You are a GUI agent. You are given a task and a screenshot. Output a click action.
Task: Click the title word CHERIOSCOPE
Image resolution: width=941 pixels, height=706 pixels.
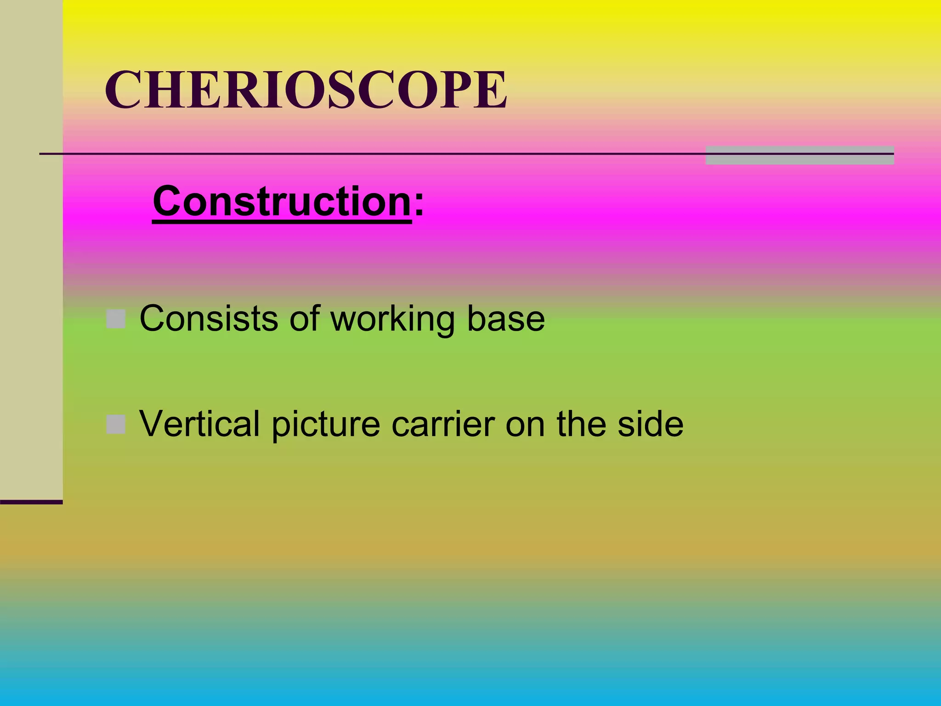[306, 90]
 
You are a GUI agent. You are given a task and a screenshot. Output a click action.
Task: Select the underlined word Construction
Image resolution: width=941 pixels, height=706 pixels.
[282, 202]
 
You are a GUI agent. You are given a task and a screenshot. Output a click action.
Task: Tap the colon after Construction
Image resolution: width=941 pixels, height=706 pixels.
[419, 205]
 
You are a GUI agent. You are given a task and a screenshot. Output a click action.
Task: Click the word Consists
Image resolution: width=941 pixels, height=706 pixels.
[209, 318]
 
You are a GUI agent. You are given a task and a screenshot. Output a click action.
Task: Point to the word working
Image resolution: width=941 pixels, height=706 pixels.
[393, 319]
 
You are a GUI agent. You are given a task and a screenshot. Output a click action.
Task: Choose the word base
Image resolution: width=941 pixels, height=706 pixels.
[506, 318]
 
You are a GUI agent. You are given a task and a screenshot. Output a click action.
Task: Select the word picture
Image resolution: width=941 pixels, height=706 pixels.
[326, 424]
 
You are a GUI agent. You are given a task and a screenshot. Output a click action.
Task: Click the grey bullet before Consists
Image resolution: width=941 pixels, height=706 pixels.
[116, 319]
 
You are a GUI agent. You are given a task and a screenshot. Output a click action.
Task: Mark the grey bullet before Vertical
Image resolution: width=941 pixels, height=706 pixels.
[116, 424]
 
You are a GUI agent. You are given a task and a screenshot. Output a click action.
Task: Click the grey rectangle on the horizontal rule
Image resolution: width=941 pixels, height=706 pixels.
[799, 155]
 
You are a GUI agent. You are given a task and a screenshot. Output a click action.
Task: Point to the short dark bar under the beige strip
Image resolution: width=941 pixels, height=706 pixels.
[31, 502]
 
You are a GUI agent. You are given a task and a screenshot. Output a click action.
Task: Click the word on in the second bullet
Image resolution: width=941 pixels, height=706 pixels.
[525, 424]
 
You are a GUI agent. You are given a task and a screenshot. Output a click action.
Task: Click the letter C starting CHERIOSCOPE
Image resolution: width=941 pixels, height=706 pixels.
[123, 90]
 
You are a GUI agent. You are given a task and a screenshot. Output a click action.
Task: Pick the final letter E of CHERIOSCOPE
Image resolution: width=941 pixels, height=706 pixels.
[491, 90]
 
